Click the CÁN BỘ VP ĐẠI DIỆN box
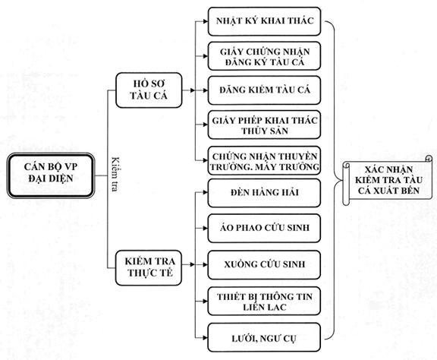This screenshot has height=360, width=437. (51, 175)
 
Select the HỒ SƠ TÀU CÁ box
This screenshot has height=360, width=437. (149, 90)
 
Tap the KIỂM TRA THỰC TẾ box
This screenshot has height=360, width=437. (149, 267)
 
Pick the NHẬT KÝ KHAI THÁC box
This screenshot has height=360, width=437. (264, 21)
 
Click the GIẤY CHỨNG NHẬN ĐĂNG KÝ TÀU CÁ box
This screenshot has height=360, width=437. (264, 56)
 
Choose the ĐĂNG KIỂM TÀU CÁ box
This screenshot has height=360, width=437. (264, 90)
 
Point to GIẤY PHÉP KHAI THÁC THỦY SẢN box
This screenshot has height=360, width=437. (264, 125)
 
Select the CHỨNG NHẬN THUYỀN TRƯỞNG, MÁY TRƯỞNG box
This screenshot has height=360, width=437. (264, 161)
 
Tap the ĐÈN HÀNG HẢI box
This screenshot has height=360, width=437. (264, 193)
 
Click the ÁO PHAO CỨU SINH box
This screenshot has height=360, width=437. (264, 229)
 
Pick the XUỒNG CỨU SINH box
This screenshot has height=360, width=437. (264, 265)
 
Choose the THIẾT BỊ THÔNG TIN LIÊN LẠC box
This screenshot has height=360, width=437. (264, 301)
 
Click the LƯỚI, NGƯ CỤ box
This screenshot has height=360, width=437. (264, 337)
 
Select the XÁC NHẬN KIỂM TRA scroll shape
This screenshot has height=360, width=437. (388, 180)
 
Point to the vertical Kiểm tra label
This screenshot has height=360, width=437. (115, 175)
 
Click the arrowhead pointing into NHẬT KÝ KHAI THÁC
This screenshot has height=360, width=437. (206, 21)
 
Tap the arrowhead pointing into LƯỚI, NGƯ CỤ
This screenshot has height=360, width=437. (206, 338)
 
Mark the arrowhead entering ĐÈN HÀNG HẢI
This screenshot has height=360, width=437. (206, 193)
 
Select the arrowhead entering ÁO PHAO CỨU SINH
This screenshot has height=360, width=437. (206, 229)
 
